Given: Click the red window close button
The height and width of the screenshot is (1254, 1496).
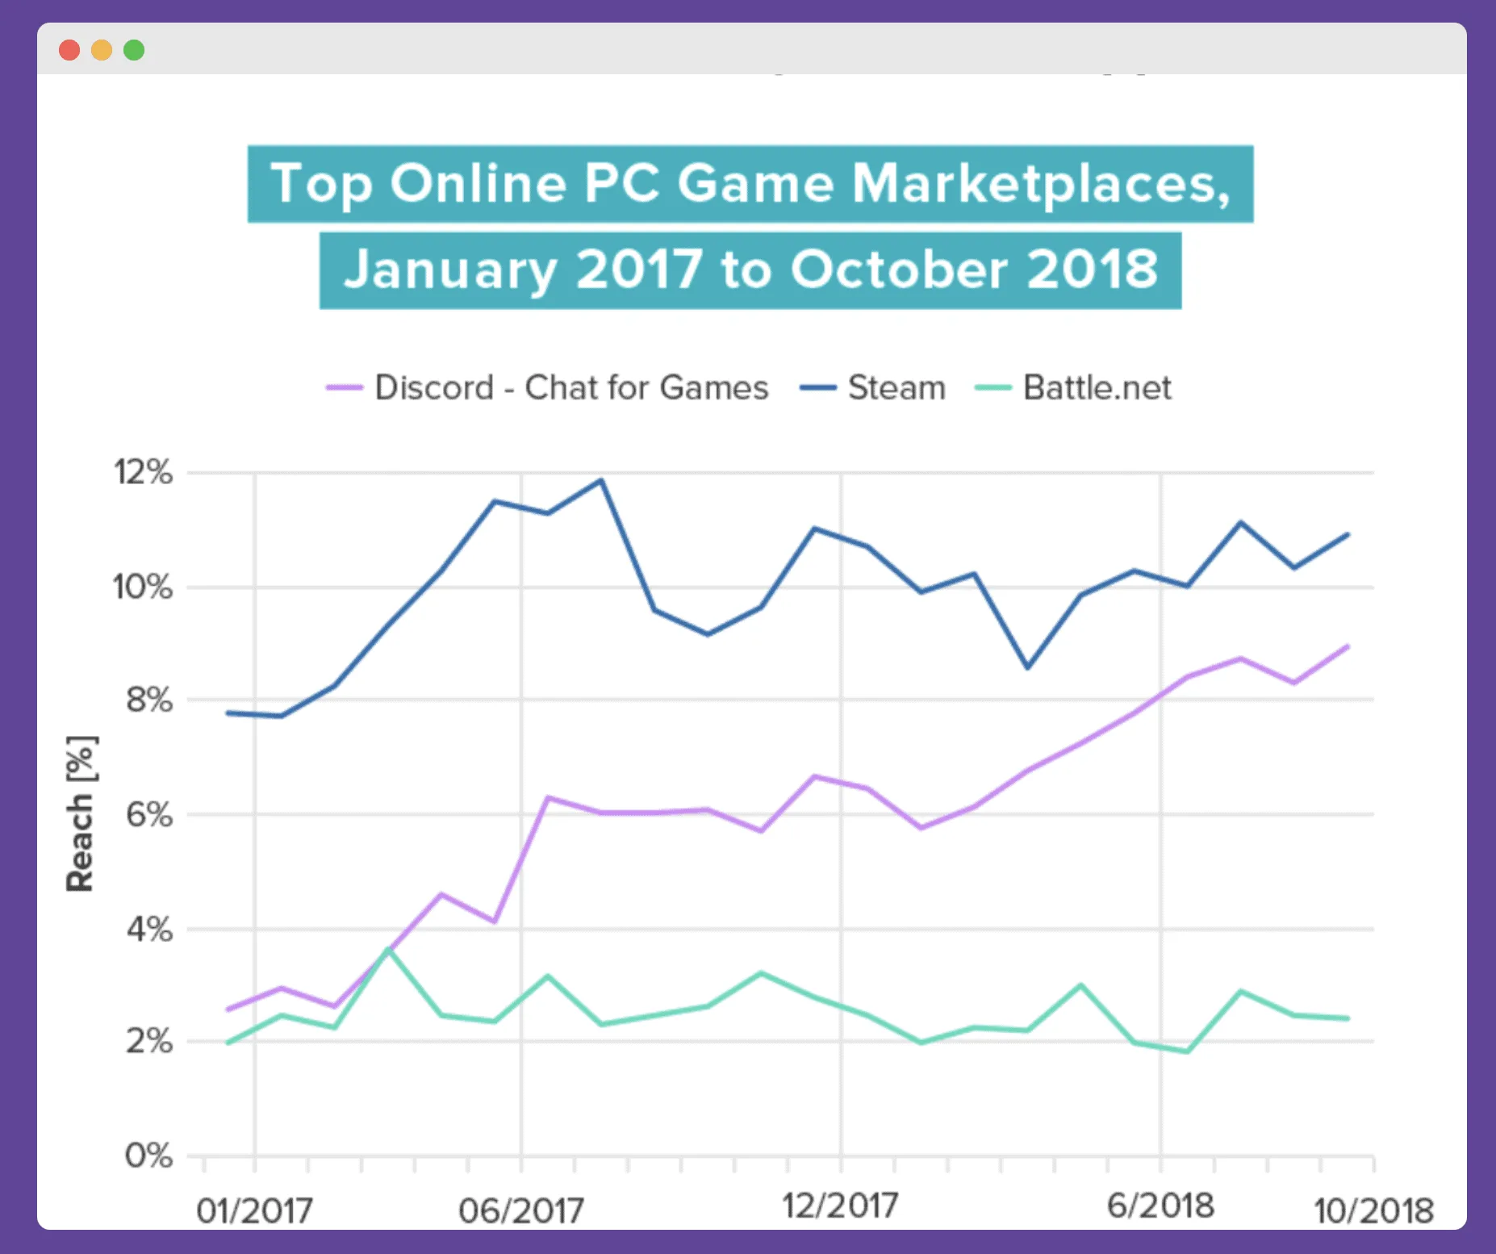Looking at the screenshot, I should coord(69,50).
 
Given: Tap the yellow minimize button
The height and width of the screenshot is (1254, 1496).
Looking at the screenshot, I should coord(102,50).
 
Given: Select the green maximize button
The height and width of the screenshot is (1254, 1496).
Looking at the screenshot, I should coord(134,50).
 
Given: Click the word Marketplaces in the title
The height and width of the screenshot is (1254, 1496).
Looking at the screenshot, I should coord(1041,184).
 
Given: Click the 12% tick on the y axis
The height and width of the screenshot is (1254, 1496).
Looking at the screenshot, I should coord(144,473).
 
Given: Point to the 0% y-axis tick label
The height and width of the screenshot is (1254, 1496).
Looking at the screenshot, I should coord(149,1156).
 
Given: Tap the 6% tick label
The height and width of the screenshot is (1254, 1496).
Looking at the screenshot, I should coord(149,815).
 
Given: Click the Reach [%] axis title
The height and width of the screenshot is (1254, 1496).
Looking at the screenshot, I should coord(81,813).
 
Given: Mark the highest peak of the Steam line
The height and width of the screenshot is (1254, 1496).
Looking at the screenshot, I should coord(601,480).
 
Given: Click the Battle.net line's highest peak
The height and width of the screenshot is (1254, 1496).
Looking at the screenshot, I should coord(388,950).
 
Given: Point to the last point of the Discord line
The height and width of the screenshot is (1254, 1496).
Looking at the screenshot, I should coord(1348,646).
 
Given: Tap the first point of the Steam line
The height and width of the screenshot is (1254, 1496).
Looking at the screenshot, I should coord(228,713).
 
